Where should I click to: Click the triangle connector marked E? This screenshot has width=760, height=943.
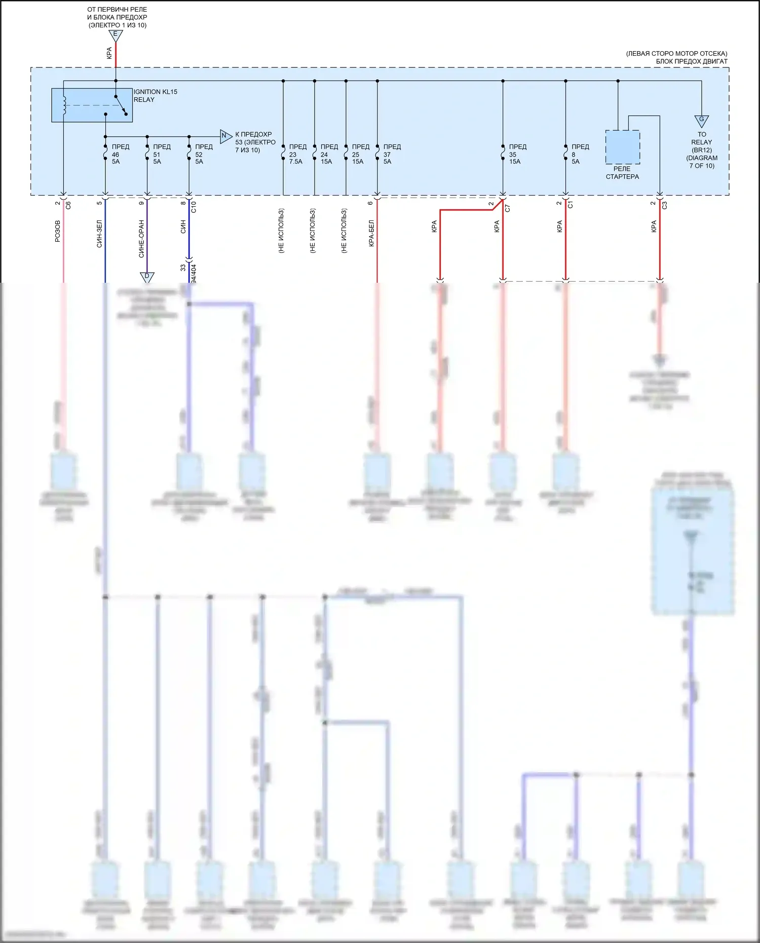pos(116,35)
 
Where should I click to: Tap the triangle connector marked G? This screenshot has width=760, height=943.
pos(701,121)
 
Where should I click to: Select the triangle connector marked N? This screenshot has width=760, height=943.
pos(225,136)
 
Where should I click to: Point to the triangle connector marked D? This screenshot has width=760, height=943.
pos(147,277)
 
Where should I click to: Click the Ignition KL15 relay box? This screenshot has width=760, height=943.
pos(92,105)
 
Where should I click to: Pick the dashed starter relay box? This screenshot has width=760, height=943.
pos(622,147)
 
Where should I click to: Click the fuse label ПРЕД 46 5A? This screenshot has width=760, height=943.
pos(120,154)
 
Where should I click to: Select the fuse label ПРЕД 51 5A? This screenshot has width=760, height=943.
pos(162,154)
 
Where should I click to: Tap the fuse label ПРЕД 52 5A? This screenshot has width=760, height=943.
pos(204,154)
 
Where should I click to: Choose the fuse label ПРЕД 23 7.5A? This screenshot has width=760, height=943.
pos(297,154)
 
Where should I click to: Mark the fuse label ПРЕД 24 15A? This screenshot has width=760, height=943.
pos(329,154)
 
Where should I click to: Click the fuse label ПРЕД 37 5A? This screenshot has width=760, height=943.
pos(392,154)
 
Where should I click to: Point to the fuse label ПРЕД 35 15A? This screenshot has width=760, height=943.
pos(517,154)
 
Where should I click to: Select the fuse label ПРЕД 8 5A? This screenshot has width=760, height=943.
pos(580,154)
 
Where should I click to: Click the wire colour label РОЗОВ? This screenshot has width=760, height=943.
pos(57,231)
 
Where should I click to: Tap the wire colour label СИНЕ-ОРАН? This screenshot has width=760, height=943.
pos(141,238)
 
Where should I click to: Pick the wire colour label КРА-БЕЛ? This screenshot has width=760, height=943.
pos(371,233)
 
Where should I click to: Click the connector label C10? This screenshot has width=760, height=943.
pos(194,207)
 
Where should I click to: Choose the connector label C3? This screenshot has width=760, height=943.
pos(664,205)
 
